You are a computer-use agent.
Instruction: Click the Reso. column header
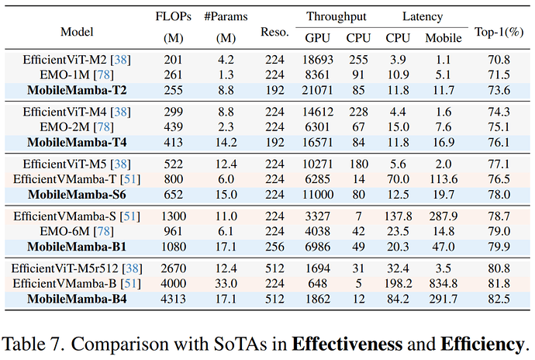(x=274, y=32)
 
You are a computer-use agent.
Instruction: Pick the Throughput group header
(x=336, y=16)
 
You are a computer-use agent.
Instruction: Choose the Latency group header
(x=423, y=16)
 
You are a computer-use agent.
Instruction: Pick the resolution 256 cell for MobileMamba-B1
(x=274, y=247)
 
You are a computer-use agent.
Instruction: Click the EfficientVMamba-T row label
(x=76, y=178)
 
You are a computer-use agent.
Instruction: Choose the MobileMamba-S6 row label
(x=77, y=195)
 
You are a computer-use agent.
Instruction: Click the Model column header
(x=77, y=32)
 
